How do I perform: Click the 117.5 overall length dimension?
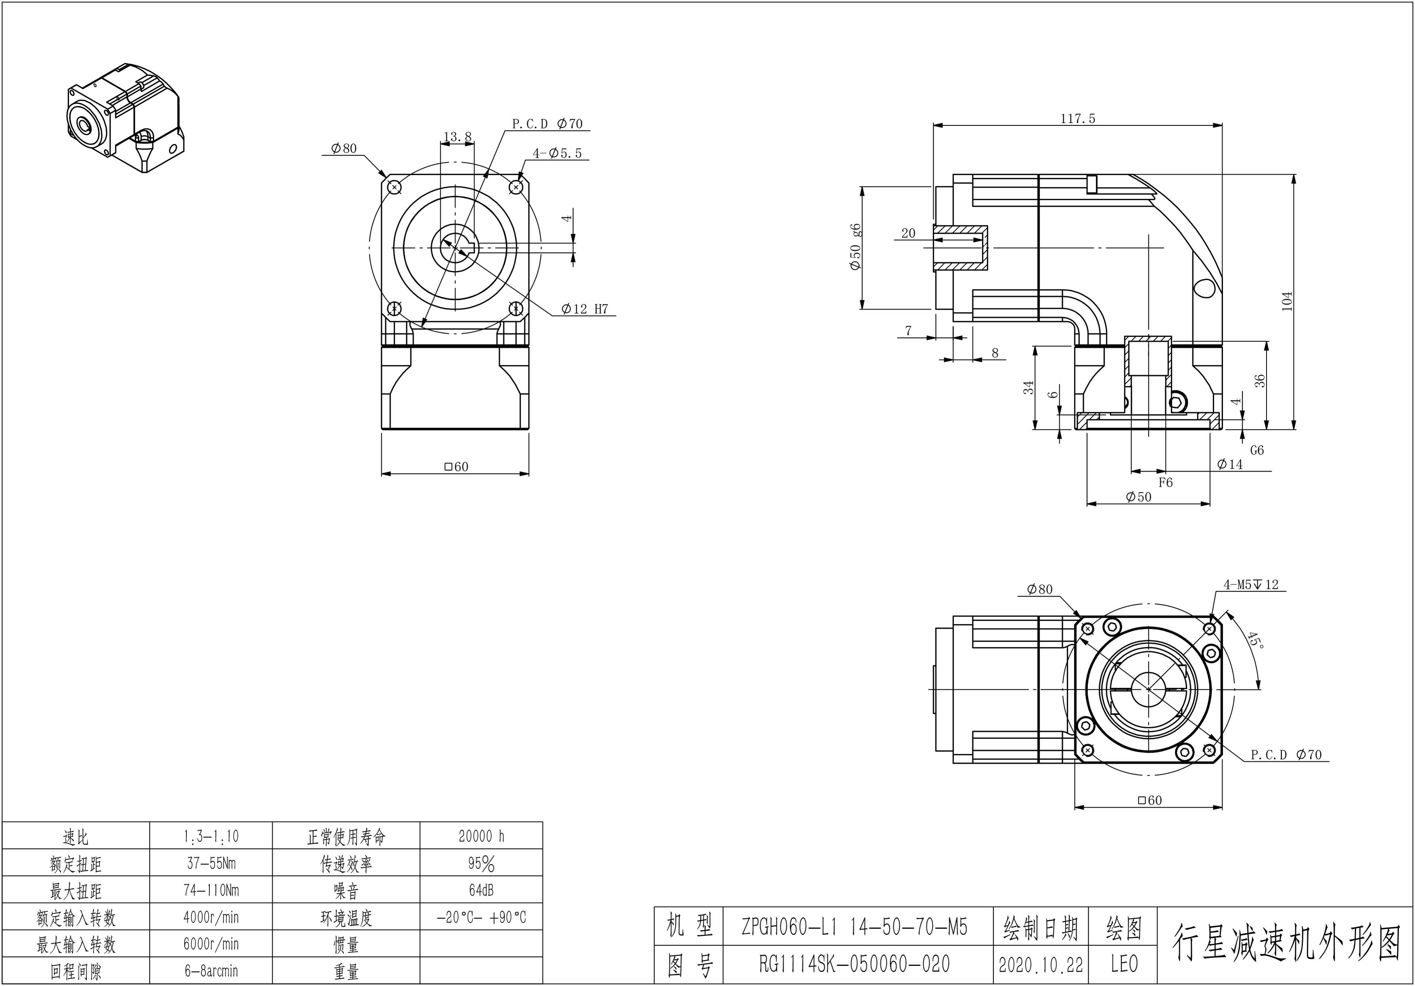tap(1077, 118)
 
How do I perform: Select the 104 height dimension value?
tap(1287, 301)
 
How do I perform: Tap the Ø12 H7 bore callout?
tap(584, 309)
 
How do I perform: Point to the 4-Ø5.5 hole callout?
tap(557, 153)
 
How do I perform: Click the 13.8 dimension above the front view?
tap(457, 136)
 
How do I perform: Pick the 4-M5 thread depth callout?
tap(1251, 584)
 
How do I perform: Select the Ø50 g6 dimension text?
tap(855, 246)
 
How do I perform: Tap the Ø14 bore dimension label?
tap(1230, 464)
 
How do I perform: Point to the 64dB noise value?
tap(481, 890)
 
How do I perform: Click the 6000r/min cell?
tap(211, 944)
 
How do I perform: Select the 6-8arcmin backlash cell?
tap(211, 971)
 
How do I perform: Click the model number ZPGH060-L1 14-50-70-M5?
tap(854, 926)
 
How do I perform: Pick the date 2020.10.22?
tap(1040, 965)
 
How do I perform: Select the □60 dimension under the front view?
tap(456, 467)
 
